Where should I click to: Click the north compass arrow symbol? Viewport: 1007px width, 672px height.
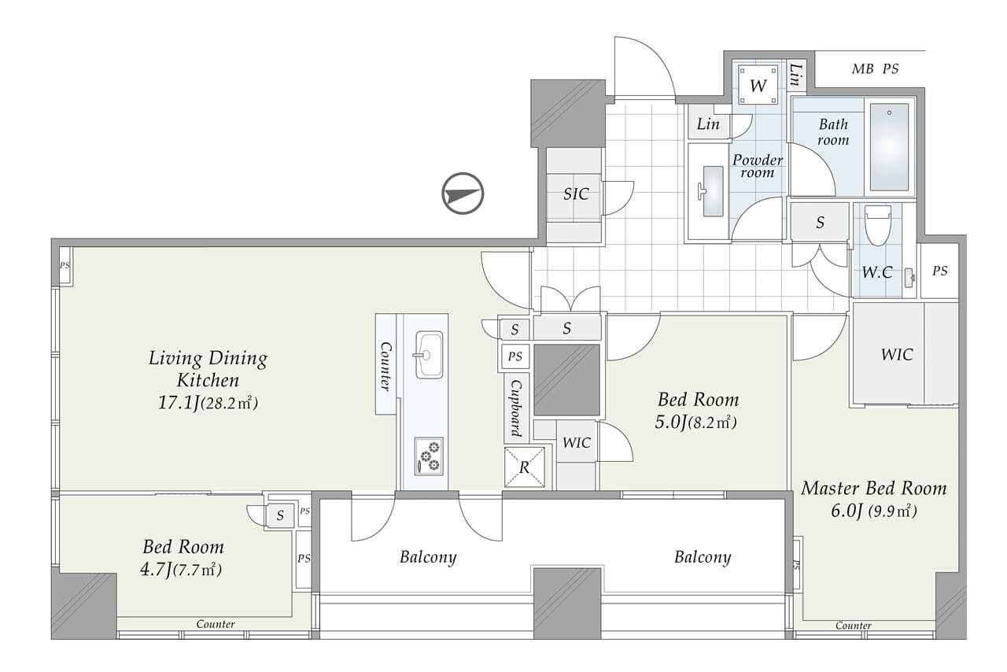click(x=463, y=194)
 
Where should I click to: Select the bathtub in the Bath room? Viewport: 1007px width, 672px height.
click(x=889, y=147)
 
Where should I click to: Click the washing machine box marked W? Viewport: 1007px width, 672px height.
click(x=758, y=85)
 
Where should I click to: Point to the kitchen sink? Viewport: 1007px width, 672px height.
click(x=429, y=355)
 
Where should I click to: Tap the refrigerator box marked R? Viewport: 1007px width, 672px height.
click(x=524, y=467)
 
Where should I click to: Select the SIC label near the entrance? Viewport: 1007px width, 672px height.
click(x=576, y=194)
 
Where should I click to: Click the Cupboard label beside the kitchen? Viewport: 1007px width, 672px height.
click(x=516, y=408)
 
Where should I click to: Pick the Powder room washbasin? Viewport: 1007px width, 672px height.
click(x=713, y=190)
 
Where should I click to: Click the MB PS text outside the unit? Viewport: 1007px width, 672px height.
click(x=875, y=68)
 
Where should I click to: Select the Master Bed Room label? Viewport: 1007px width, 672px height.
click(x=874, y=488)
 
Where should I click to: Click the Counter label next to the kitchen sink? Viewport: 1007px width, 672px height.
click(x=385, y=366)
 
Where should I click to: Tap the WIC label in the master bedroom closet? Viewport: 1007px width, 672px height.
click(x=897, y=354)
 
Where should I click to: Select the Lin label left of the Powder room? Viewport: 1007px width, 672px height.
click(x=708, y=124)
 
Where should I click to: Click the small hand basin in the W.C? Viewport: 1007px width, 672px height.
click(x=909, y=278)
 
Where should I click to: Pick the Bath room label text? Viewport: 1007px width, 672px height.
click(x=833, y=131)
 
